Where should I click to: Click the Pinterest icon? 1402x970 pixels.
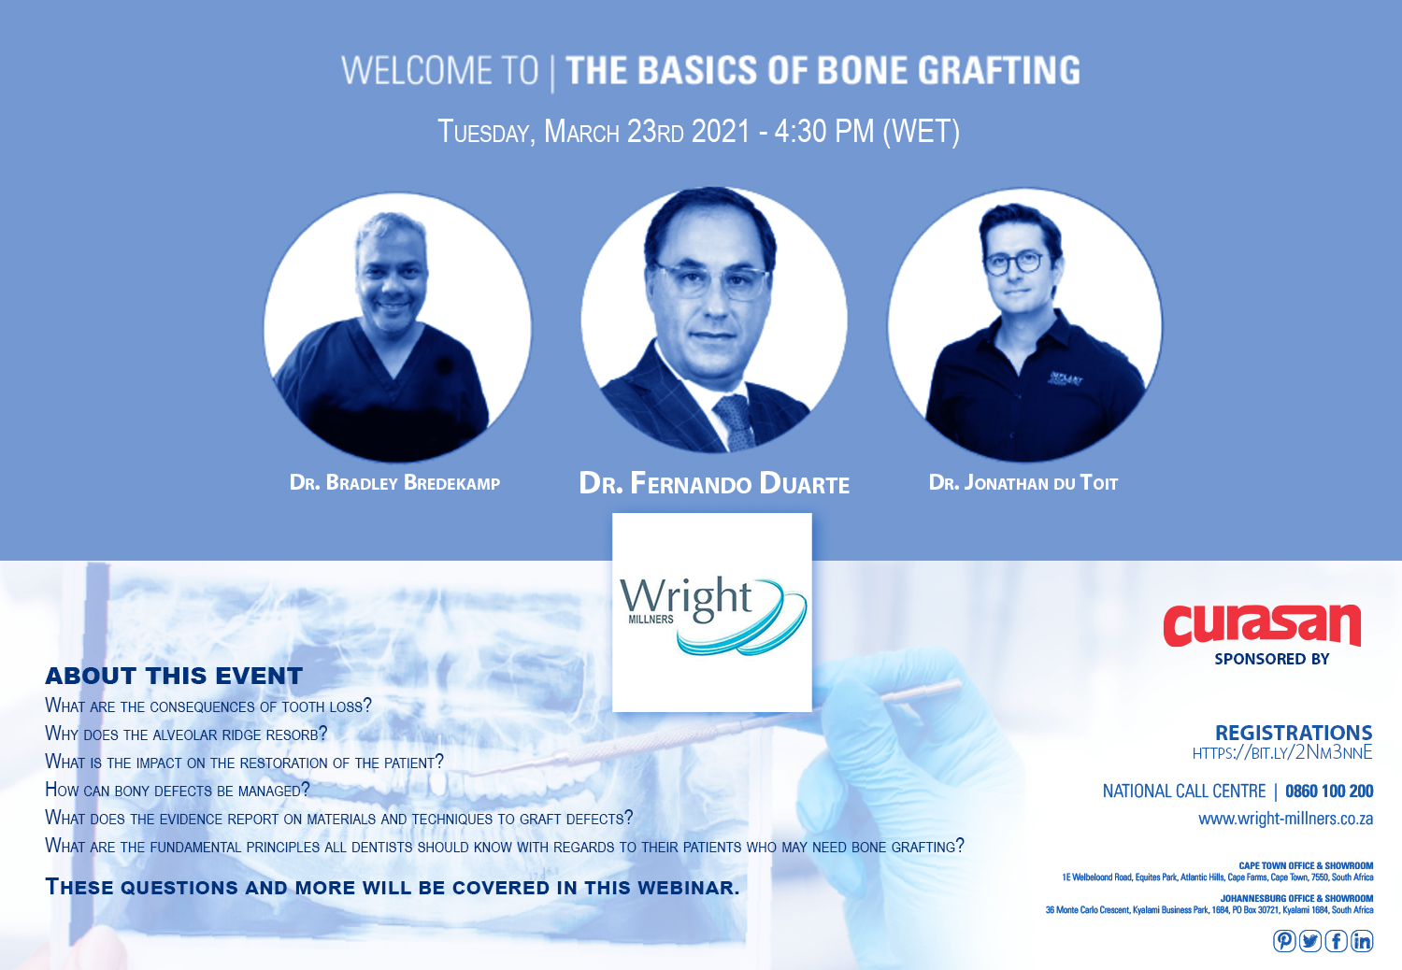[1284, 941]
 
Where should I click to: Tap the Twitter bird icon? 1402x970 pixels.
[1310, 941]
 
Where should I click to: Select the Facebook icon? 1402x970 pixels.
[1336, 941]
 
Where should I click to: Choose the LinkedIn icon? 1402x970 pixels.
[1362, 941]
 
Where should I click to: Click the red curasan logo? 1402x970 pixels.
[1262, 625]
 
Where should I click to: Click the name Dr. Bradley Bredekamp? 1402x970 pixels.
[394, 482]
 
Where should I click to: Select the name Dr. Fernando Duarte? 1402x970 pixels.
[714, 483]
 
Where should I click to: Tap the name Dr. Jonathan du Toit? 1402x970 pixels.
[1023, 482]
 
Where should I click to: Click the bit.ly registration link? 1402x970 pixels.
[1282, 752]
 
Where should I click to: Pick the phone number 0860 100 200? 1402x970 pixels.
[1329, 791]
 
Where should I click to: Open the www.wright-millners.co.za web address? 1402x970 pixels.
[1285, 819]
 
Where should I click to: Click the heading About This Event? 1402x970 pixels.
[174, 676]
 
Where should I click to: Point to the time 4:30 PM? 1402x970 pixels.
[823, 132]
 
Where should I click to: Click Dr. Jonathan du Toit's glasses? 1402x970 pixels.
[1014, 263]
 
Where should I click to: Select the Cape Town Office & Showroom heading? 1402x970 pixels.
[1306, 865]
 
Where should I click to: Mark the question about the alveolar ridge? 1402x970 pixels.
[186, 734]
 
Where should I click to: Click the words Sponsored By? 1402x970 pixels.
[1272, 659]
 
